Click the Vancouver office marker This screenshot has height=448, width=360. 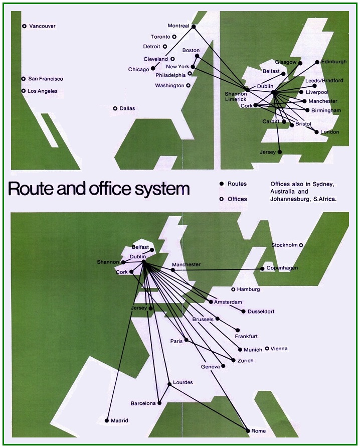click(x=24, y=26)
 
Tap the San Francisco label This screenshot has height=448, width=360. click(x=46, y=79)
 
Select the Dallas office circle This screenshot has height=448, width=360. click(x=115, y=108)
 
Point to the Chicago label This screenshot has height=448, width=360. click(x=139, y=69)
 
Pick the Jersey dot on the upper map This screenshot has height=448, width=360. click(x=280, y=152)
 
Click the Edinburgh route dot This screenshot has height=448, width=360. click(x=317, y=62)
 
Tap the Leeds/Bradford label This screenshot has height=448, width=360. click(x=324, y=80)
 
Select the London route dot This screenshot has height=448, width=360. click(x=316, y=132)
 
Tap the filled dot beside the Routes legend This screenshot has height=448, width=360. click(x=221, y=184)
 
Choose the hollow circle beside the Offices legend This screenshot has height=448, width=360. click(x=221, y=199)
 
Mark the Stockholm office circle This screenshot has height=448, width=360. click(x=301, y=245)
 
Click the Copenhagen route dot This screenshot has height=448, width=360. click(x=262, y=268)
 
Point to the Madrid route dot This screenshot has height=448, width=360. click(x=107, y=420)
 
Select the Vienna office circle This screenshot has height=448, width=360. click(x=267, y=348)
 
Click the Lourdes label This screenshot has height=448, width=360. click(x=183, y=382)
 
